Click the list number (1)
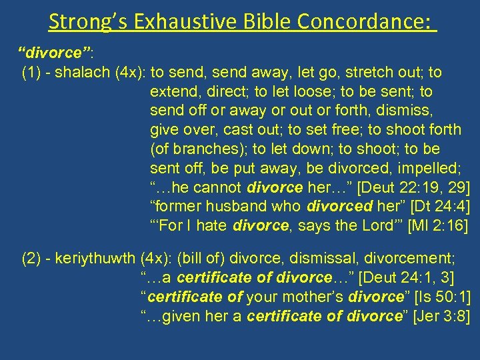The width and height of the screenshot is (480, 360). coord(33,72)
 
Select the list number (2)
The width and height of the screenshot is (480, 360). coord(33,258)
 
